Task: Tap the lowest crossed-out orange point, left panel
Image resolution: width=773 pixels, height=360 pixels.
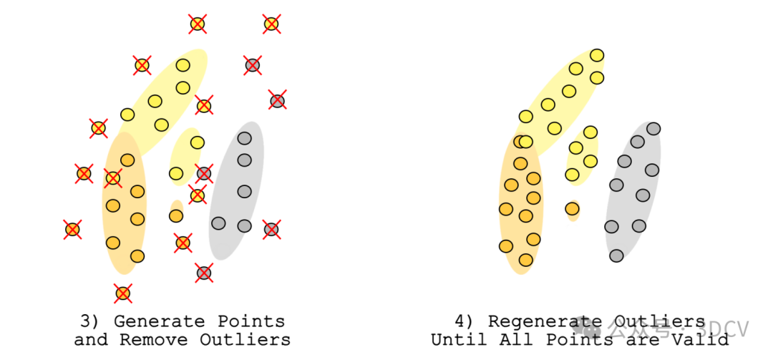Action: (123, 293)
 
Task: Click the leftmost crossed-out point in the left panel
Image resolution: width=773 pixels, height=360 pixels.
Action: (72, 229)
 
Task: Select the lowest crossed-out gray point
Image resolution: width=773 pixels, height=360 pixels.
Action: (204, 273)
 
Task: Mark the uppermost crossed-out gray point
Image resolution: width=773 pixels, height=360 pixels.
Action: (252, 65)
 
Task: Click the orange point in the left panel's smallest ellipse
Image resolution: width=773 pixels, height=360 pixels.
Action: (176, 215)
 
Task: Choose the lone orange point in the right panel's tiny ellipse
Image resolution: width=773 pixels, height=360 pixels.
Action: (572, 208)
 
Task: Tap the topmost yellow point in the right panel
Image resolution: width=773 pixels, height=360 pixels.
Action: (597, 55)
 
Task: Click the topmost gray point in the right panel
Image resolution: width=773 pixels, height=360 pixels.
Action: (653, 129)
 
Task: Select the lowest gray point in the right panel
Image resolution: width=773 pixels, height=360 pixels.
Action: (616, 256)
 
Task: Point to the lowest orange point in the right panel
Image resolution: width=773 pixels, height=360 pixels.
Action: (526, 260)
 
